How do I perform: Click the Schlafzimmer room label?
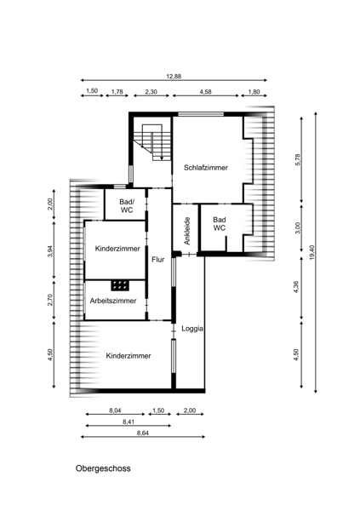coord(206,168)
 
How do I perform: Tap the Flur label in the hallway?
coord(158,260)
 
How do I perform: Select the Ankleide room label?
coord(187,231)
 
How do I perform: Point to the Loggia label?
coord(192,329)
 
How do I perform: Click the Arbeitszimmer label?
coord(113,301)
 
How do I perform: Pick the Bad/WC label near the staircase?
coord(127,206)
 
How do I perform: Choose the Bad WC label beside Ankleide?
coord(220,223)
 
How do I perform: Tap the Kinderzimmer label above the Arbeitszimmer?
coord(117,249)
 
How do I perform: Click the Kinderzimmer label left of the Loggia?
coord(129,355)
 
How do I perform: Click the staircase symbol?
coord(153,142)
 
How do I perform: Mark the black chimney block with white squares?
coord(120,285)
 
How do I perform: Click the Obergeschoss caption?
coord(103,468)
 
